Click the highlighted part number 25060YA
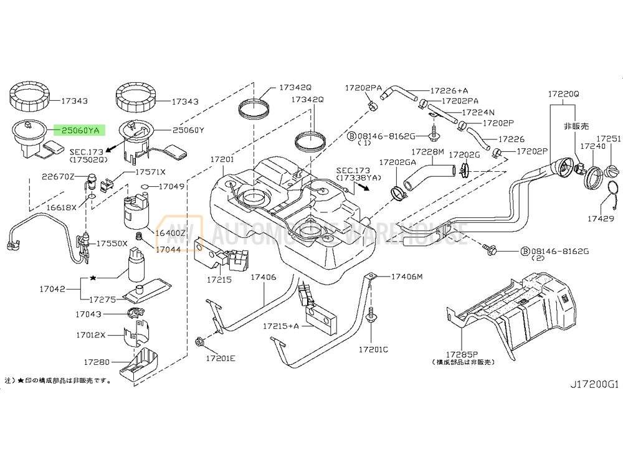click(x=80, y=130)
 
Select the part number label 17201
click(x=222, y=160)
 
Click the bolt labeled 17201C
click(x=373, y=316)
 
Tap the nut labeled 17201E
click(x=201, y=341)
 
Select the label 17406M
click(x=407, y=276)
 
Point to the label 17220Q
click(x=563, y=94)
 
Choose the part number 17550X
click(x=111, y=243)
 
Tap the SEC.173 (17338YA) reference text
click(x=358, y=174)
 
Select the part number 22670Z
click(x=58, y=177)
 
